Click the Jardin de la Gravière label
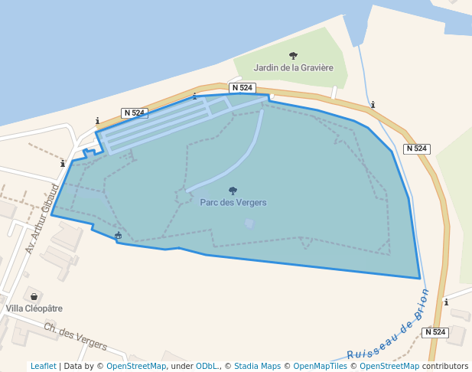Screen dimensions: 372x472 (x=295, y=67)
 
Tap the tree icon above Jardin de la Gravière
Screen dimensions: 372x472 (x=294, y=55)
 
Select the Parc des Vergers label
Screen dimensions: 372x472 (x=233, y=202)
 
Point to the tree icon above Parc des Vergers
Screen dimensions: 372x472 (x=233, y=191)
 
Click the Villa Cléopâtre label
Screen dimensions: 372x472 (x=34, y=308)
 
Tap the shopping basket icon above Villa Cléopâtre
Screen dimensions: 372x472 (x=33, y=296)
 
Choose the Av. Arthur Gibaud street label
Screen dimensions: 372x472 (x=43, y=218)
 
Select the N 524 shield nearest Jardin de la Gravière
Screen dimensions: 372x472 (x=241, y=88)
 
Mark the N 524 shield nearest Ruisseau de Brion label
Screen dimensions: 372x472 (x=434, y=332)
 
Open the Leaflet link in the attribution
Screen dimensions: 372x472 (x=43, y=366)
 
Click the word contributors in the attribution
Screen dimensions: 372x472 (x=444, y=366)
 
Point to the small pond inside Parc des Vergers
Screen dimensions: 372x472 (x=249, y=224)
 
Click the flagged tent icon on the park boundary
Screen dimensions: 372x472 (x=118, y=236)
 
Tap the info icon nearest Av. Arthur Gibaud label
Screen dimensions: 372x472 (x=63, y=163)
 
